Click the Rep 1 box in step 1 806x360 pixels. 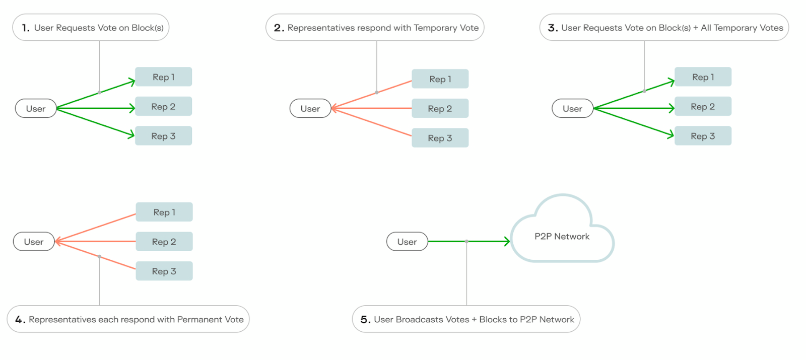(163, 77)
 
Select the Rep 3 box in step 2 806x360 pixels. (440, 138)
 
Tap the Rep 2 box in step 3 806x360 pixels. (703, 107)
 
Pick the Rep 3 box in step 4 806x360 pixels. (164, 271)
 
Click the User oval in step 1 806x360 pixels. (36, 109)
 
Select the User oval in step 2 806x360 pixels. (310, 109)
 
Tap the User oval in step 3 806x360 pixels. (572, 109)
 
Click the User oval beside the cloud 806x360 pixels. (407, 242)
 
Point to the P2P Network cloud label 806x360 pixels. (562, 237)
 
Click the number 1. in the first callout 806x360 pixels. (26, 28)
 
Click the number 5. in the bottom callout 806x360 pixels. (365, 320)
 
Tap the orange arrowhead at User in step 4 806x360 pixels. (57, 242)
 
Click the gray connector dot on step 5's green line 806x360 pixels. (466, 242)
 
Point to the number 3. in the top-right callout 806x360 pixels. (553, 28)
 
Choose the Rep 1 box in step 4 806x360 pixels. (164, 212)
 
